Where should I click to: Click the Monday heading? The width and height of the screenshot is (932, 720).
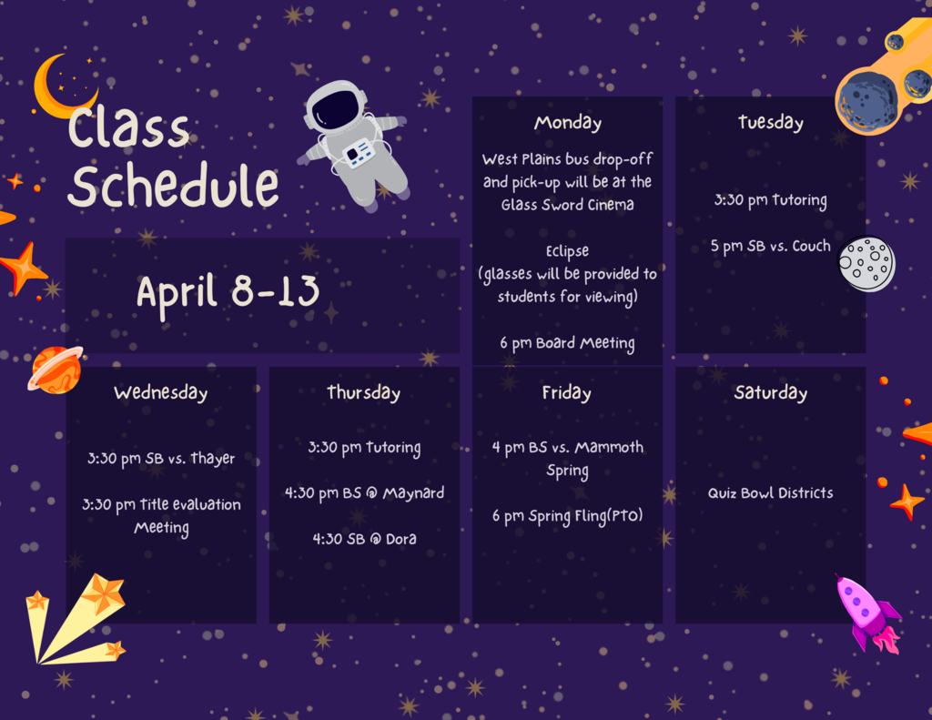coord(567,123)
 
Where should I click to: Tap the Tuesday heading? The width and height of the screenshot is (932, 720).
coord(770,123)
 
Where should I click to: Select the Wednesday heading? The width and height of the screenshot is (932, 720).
coord(161,393)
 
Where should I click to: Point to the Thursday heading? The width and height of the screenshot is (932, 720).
coord(364,393)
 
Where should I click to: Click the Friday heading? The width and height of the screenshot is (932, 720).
coord(567,393)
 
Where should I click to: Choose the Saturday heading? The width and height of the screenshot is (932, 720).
coord(770,393)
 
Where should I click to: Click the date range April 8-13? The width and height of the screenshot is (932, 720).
coord(228,292)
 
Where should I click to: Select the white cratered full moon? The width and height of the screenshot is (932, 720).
coord(866,264)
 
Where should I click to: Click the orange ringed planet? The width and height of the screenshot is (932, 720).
coord(56,369)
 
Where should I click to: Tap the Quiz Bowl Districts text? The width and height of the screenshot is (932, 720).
coord(770,493)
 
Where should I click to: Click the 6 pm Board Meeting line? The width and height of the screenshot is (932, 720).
coord(567,343)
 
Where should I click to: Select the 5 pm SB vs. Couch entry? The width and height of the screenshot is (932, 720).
coord(770,246)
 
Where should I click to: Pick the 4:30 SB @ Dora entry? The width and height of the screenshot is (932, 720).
coord(364,539)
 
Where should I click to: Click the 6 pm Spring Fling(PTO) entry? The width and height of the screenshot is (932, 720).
coord(567,516)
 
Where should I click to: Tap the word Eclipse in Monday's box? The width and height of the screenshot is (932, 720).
coord(567,250)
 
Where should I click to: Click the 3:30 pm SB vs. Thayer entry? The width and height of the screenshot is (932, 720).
coord(161,459)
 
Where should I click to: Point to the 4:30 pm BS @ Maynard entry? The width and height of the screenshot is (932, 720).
coord(364,493)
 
